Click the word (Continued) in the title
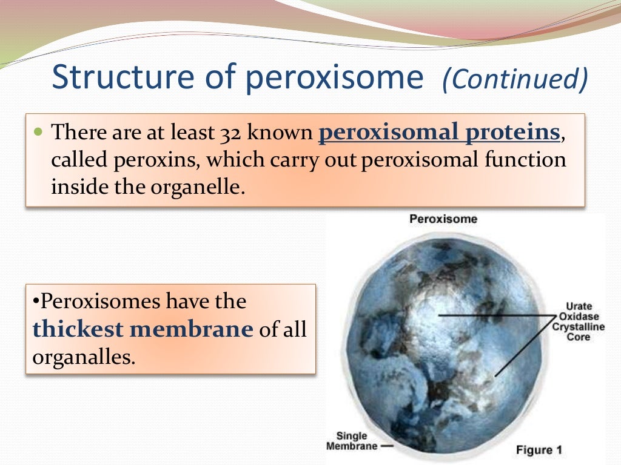coord(515,80)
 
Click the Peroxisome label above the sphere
coord(443,219)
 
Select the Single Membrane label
coord(352,441)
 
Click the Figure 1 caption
coord(539,450)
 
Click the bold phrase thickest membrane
coord(143,329)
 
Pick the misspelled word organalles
coord(82,356)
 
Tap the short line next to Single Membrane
coord(387,446)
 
